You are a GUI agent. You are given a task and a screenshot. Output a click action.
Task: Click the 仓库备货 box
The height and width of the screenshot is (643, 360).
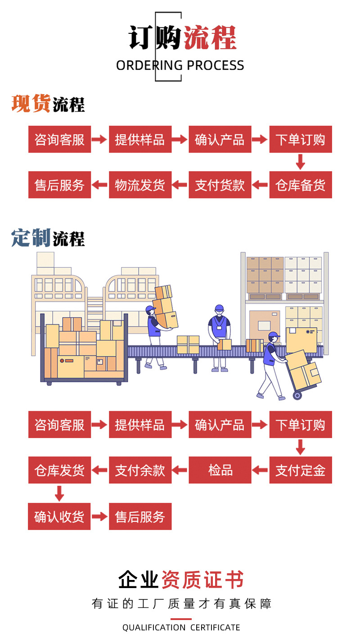point(301,185)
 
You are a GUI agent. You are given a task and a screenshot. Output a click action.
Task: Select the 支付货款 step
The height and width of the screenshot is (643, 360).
point(220,185)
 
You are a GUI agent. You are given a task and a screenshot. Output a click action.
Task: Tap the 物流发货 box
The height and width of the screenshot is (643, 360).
point(140,185)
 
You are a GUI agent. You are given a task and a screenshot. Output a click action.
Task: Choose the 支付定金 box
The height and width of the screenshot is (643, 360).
point(301,470)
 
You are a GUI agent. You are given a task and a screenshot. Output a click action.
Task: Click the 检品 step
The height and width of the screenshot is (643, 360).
point(220,470)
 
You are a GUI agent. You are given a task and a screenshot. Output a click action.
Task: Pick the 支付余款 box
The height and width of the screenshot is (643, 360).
point(140,470)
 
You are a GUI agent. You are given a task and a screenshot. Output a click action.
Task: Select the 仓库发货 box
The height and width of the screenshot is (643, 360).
point(59,470)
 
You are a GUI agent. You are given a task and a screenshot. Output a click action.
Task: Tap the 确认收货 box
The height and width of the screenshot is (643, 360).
point(59,516)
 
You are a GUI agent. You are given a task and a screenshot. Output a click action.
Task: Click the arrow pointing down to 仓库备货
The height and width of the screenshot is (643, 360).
point(301,161)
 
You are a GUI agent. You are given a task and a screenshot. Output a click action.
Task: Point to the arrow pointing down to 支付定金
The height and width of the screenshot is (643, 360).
point(301,447)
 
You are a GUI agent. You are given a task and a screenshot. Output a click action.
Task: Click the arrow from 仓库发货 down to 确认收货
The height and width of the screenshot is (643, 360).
point(59,493)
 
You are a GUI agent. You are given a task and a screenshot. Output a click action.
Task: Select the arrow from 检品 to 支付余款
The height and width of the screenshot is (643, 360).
point(180,470)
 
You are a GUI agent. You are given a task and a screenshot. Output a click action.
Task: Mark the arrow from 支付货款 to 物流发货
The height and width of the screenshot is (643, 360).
point(180,185)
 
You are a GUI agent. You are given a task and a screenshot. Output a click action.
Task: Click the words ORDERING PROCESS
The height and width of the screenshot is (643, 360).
point(180,66)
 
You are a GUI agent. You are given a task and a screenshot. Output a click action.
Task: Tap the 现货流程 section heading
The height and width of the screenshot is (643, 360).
point(48,104)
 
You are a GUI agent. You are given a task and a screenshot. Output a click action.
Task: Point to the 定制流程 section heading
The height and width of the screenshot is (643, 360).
point(48,238)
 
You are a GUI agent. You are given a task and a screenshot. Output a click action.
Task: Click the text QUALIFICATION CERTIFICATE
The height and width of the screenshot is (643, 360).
point(181,627)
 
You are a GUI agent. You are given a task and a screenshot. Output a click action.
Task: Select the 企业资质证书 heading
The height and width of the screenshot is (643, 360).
point(181,580)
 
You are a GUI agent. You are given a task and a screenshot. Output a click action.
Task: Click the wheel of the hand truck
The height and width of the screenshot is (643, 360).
point(297,395)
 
